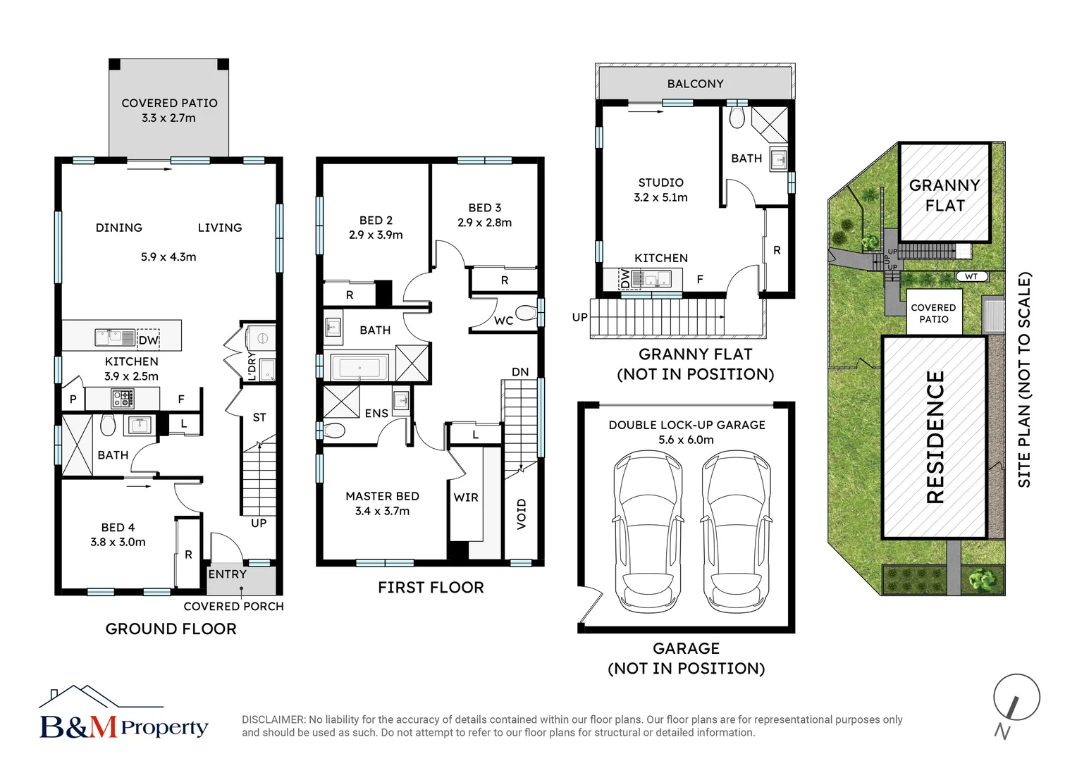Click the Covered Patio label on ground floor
(x=169, y=103)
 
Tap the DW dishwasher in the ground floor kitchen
(x=148, y=340)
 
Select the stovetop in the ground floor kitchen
(x=123, y=400)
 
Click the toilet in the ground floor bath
(x=108, y=426)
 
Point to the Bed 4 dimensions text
(x=118, y=543)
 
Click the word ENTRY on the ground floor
(x=227, y=574)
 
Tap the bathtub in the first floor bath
(x=359, y=368)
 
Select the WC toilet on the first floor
(x=526, y=313)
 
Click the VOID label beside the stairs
(x=522, y=514)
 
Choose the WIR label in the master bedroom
(x=466, y=497)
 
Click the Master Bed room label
(x=382, y=496)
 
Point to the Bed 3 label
(x=484, y=208)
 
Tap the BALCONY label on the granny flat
(x=695, y=84)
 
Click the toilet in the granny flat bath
(x=737, y=118)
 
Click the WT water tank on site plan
(x=971, y=277)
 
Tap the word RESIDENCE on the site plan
(x=935, y=437)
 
